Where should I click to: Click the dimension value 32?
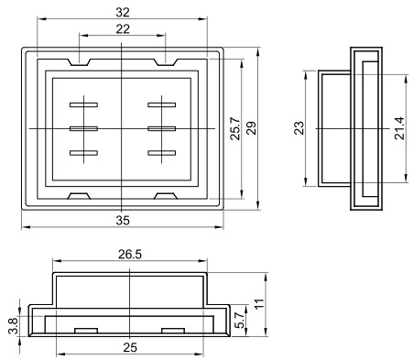coord(123,12)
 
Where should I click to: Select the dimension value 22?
coord(123,29)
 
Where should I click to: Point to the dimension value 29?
coord(252,128)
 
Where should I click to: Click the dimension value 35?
coord(123,220)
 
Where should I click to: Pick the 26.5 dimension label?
coord(130,255)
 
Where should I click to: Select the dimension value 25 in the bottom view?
coord(130,347)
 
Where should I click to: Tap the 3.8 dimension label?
coord(14,326)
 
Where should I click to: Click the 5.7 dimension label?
coord(241,320)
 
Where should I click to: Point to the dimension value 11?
coord(259,304)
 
